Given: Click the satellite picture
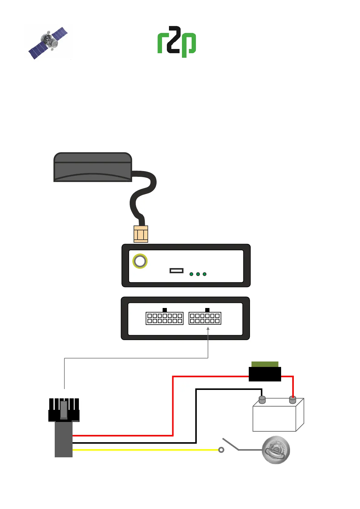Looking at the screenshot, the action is point(48,43).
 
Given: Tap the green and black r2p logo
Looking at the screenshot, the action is point(177,41).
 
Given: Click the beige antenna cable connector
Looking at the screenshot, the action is point(141,234).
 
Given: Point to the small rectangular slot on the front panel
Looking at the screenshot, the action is point(177,271).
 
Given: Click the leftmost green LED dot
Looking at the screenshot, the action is point(191,274).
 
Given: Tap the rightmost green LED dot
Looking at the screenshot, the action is point(205,274).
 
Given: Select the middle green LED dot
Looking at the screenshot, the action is point(198,274).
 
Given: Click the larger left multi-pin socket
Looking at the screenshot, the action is point(164,318).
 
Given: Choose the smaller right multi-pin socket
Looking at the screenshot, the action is point(205,318).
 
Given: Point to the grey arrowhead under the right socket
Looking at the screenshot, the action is point(208,329).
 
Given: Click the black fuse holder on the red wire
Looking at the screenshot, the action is point(265,374).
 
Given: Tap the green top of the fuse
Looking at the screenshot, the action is point(265,364).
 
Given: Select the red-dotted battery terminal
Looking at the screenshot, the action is point(292,400).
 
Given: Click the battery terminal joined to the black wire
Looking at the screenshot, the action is point(262,400).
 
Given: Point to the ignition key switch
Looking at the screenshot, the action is point(276,450).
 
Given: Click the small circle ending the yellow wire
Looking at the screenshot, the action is point(221,450).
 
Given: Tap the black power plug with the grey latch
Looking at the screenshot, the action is point(64,410).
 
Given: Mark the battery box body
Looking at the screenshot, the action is point(274,418).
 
